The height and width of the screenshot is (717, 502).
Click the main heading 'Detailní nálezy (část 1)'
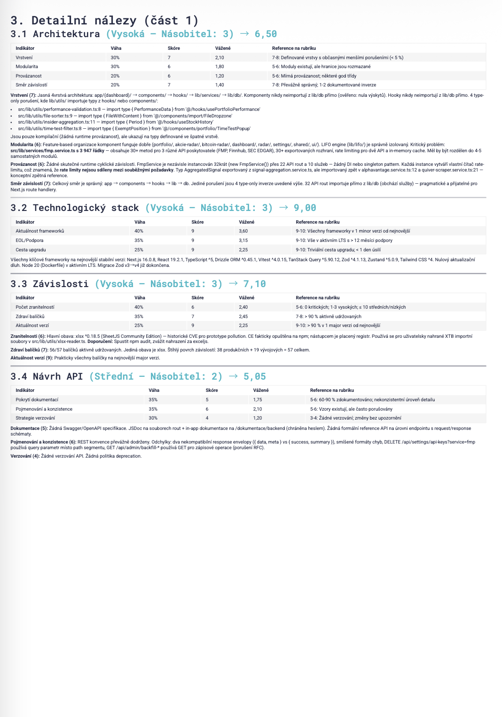pos(104,20)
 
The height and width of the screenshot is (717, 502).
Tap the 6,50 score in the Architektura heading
pos(266,34)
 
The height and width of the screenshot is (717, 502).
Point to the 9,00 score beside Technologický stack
pos(305,208)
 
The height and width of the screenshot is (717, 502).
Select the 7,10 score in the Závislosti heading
pos(254,284)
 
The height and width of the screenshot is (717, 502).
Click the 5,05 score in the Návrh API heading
pos(254,376)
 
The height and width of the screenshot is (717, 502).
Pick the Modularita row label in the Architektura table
pos(27,67)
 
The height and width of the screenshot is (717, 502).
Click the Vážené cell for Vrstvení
pos(220,57)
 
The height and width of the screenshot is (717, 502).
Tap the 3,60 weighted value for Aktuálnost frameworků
pos(243,231)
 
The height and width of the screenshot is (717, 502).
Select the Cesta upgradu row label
pos(31,250)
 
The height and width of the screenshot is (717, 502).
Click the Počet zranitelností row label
pos(35,307)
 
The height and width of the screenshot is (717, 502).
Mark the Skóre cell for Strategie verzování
pos(207,418)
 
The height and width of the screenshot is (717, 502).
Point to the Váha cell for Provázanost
pos(115,76)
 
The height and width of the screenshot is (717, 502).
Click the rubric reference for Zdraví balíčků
pos(329,317)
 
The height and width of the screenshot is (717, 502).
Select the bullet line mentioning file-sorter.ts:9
pos(125,116)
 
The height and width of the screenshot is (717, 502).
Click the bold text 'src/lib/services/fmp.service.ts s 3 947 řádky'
pos(57,151)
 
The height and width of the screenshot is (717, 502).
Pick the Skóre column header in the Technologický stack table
pos(197,222)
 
